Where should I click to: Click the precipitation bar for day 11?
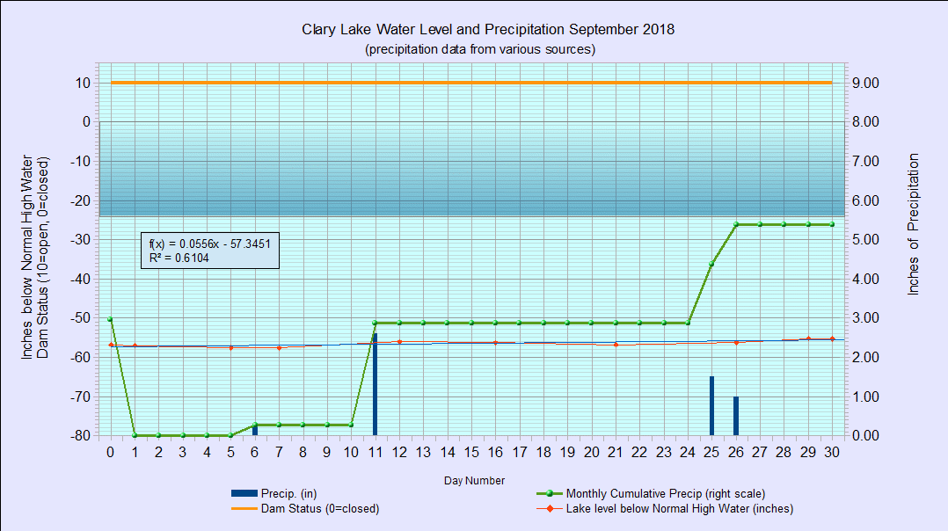(x=375, y=384)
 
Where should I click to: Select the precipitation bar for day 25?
(x=711, y=406)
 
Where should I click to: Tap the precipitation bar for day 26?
(x=736, y=416)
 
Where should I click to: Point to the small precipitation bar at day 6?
(x=255, y=430)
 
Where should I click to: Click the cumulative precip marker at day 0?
(x=110, y=319)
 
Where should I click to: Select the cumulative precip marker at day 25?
(x=711, y=264)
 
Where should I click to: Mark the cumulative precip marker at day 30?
(x=832, y=224)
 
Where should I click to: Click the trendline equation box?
(x=210, y=250)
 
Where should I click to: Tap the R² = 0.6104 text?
(x=179, y=258)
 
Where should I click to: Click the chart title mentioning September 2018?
(x=488, y=29)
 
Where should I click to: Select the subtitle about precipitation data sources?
(x=480, y=49)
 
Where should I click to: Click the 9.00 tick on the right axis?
(x=865, y=83)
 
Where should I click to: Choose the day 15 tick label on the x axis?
(x=471, y=452)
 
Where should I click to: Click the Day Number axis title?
(x=474, y=480)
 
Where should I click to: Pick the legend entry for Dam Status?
(x=305, y=509)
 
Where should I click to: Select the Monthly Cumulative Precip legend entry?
(x=651, y=493)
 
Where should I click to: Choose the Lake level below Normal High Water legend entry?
(x=665, y=509)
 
